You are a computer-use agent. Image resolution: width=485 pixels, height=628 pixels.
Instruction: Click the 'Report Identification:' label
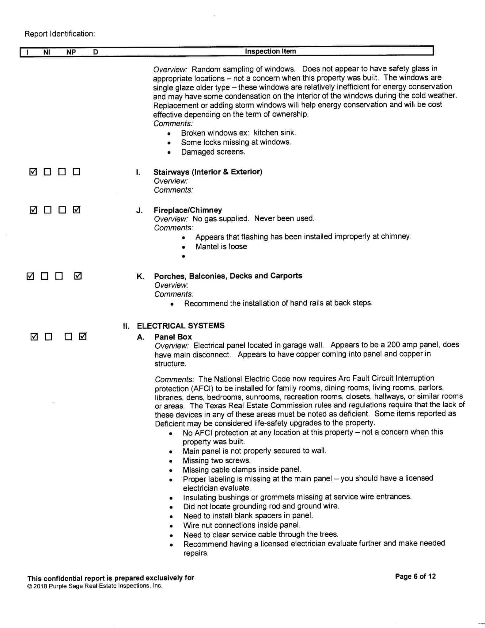(60, 34)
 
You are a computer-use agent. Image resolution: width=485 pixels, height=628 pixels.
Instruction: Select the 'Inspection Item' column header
(270, 51)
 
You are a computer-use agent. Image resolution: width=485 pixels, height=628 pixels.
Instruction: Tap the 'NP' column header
(71, 52)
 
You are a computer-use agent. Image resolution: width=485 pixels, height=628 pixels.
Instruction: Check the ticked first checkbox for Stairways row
(33, 172)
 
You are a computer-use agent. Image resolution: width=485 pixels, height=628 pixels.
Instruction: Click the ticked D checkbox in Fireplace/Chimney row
(77, 210)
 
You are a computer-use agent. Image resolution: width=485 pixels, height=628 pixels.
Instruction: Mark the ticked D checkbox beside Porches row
(78, 276)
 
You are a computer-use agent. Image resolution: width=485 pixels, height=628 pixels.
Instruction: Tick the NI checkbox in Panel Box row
(48, 337)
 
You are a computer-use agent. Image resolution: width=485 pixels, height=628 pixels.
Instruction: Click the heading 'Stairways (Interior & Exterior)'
(208, 172)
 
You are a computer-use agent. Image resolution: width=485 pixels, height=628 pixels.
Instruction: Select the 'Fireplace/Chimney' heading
(188, 210)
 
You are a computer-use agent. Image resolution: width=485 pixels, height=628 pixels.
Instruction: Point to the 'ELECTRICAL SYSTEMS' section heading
(180, 326)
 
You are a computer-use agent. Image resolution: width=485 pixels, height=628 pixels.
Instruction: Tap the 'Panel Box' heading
(173, 337)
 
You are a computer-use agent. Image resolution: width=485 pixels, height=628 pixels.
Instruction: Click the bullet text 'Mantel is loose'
(221, 247)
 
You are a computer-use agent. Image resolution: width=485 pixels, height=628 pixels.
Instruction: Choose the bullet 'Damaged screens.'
(213, 152)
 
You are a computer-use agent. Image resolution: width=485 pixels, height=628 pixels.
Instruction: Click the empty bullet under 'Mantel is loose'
(184, 256)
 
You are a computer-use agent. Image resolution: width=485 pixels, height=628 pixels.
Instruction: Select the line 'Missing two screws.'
(217, 461)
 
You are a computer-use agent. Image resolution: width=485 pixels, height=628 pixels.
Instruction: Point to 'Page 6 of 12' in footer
(415, 576)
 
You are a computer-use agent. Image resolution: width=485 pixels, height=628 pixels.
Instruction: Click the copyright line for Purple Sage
(95, 586)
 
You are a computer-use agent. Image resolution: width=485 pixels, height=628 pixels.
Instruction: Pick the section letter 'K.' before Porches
(140, 276)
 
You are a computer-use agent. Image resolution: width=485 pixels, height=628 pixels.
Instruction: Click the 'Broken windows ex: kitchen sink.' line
(238, 133)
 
